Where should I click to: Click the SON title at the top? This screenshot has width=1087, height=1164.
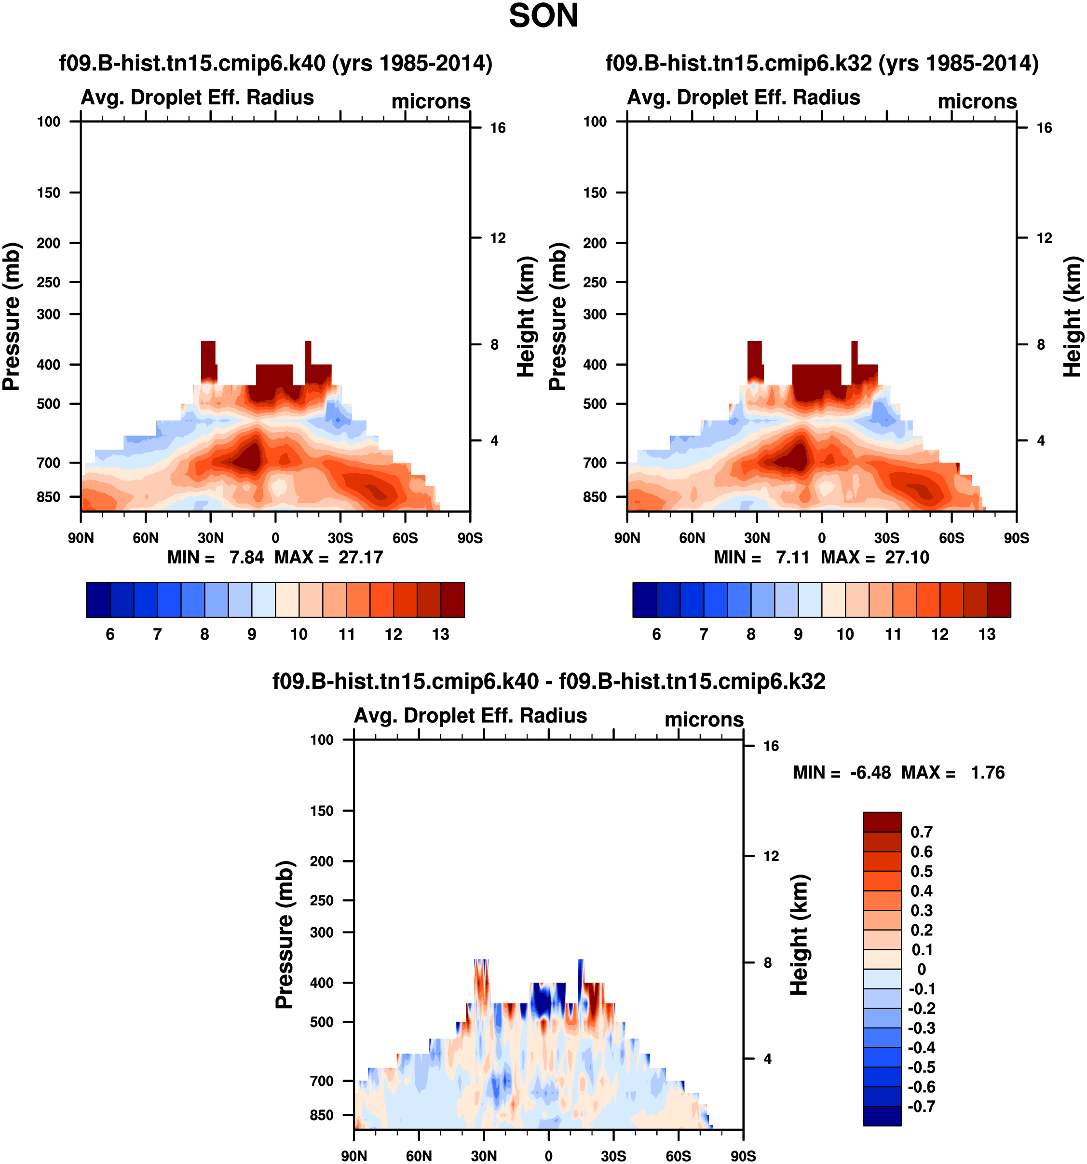click(543, 16)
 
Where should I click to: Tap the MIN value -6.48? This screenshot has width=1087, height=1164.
click(870, 772)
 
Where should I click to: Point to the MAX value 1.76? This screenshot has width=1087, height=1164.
click(988, 772)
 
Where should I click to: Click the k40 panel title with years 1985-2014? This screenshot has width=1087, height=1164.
click(276, 63)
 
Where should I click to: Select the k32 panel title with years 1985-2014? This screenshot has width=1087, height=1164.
click(822, 63)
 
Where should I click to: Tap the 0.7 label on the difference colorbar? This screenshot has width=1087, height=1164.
click(921, 832)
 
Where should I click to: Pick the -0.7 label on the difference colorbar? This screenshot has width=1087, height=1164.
click(921, 1106)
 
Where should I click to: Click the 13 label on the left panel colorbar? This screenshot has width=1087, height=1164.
click(440, 634)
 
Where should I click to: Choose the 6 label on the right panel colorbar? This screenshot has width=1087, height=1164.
click(656, 634)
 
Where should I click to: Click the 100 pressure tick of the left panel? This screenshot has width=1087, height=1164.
click(49, 122)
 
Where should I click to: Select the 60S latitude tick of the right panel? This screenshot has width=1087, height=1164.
click(951, 538)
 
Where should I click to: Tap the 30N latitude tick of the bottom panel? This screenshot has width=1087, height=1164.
click(484, 1156)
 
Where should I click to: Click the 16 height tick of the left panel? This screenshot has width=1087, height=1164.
click(498, 128)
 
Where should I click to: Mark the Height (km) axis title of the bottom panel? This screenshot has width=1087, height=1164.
click(800, 934)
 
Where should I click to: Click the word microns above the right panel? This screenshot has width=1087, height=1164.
click(977, 101)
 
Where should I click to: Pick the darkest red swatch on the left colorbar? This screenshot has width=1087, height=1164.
click(452, 600)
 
